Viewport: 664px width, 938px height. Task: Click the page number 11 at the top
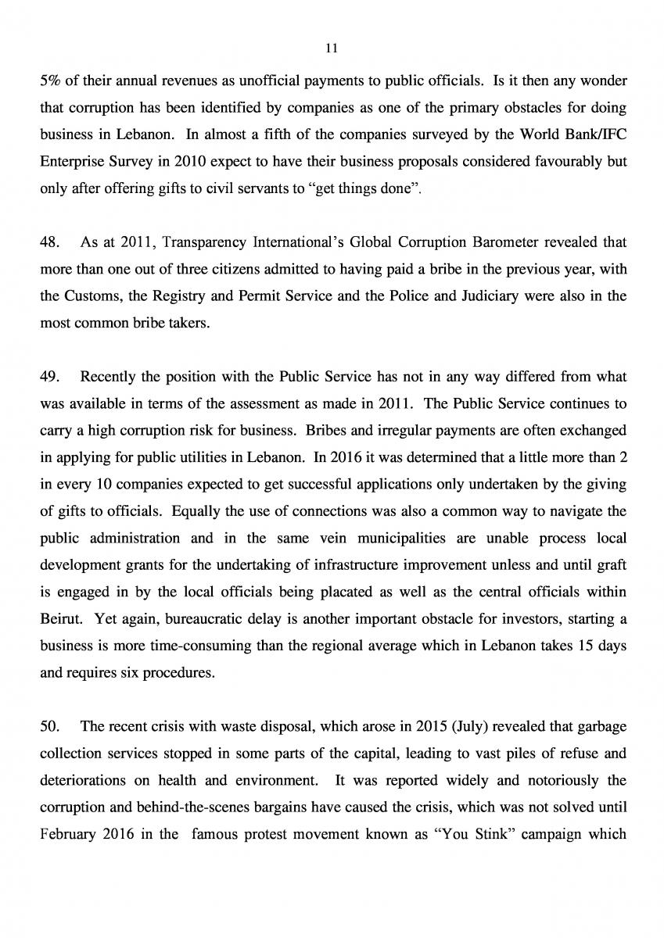tap(331, 48)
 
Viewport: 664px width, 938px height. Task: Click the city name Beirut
tap(59, 621)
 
